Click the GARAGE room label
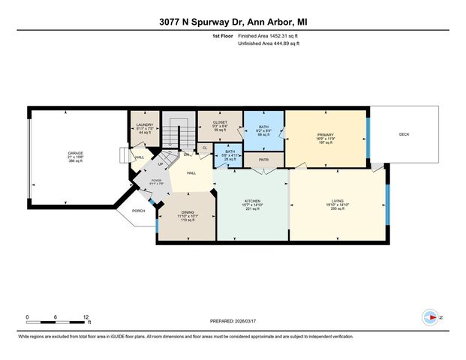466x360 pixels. pos(76,153)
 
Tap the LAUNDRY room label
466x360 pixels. pos(146,124)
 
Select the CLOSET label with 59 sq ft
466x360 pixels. pos(220,121)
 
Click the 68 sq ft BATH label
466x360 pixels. pos(263,127)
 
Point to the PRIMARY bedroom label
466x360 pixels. pos(324,135)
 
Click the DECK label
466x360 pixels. pos(404,135)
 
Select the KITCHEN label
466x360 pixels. pos(251,201)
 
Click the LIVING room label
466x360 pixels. pos(336,201)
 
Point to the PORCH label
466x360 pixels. pos(138,211)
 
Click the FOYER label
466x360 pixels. pos(157,181)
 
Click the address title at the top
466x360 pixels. pos(233,22)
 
